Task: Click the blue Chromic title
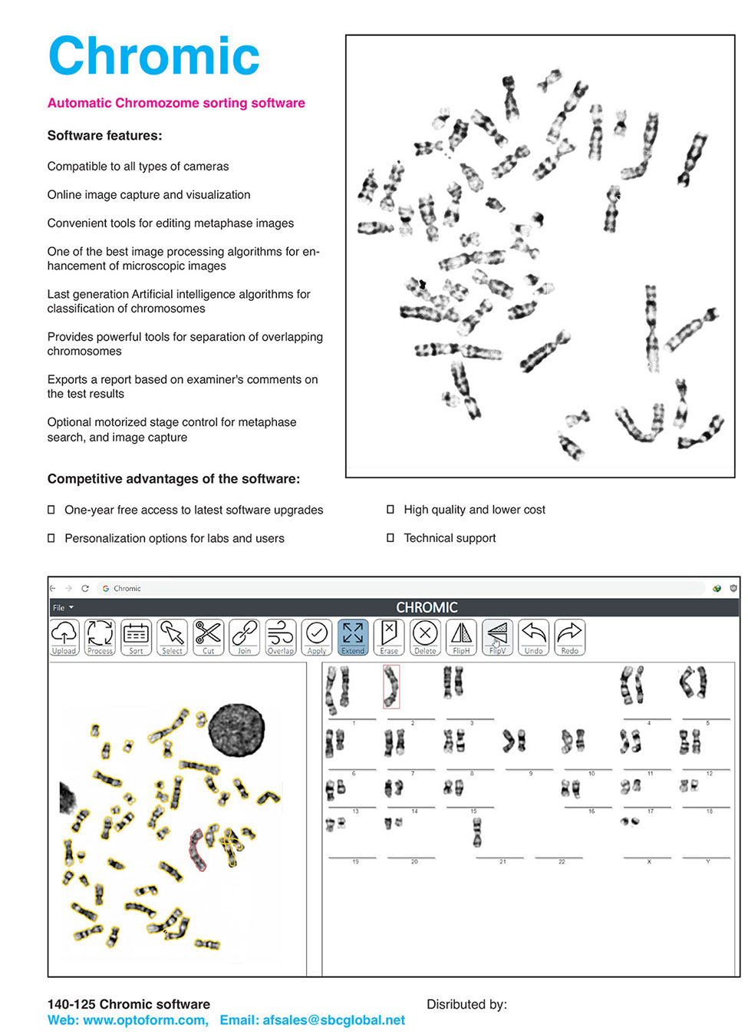tap(153, 56)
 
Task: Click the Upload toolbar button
tap(64, 637)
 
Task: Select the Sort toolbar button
tap(136, 637)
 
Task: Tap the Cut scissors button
tap(208, 637)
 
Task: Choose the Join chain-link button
tap(244, 637)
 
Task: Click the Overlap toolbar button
tap(280, 637)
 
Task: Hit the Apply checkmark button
tap(317, 637)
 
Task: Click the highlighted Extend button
tap(353, 637)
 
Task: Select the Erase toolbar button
tap(389, 637)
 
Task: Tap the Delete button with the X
tap(425, 637)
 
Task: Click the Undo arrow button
tap(533, 637)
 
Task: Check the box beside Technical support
tap(390, 538)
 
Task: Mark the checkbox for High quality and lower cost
tap(390, 510)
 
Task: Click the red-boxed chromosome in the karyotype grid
tap(391, 685)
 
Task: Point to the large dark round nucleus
tap(236, 730)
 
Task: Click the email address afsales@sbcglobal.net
tap(312, 1020)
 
